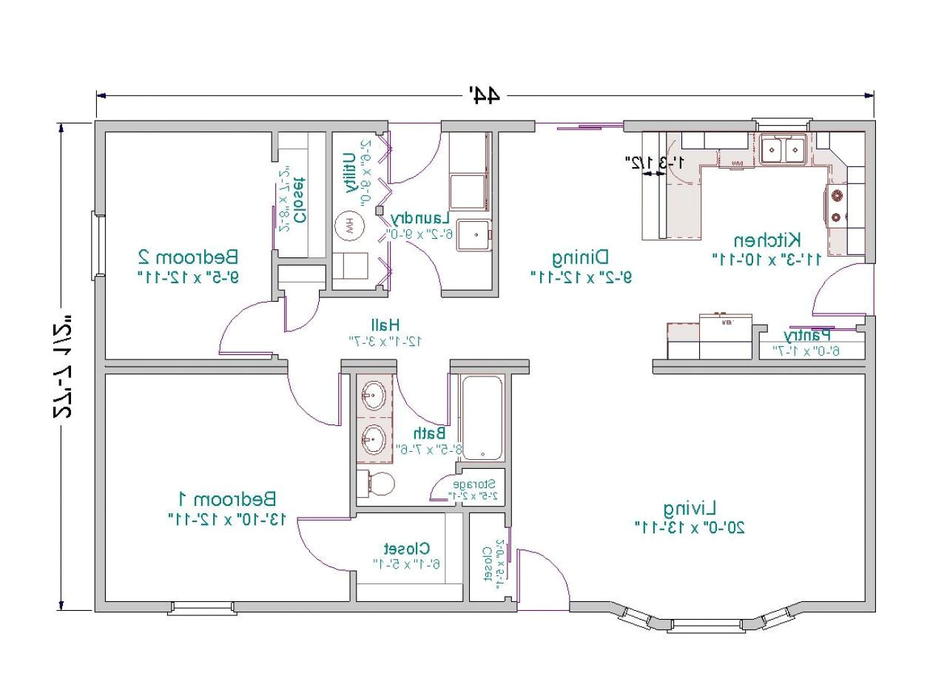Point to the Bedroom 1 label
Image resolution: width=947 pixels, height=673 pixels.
point(228,498)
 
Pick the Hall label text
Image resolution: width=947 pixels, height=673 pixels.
point(385,325)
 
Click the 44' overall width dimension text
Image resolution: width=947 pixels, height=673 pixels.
point(485,95)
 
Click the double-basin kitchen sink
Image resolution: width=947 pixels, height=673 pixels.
point(783,151)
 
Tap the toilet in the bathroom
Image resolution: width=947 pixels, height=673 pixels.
point(377,484)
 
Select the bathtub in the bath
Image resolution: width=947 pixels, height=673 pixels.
point(482,417)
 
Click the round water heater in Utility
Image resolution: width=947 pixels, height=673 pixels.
point(349,226)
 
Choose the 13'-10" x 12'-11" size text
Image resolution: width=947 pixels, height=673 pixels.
point(228,519)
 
